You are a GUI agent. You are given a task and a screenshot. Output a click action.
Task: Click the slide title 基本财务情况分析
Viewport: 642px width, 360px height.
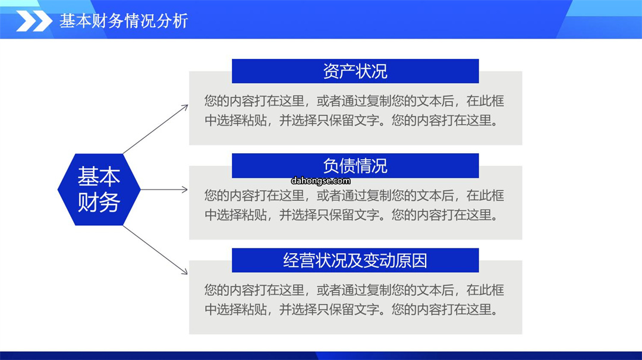(124, 21)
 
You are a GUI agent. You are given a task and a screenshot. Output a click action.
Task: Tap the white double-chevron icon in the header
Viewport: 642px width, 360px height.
(34, 21)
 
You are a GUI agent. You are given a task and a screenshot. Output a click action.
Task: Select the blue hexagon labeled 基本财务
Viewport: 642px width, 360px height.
(99, 190)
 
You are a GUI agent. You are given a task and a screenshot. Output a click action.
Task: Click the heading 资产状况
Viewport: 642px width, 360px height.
(355, 71)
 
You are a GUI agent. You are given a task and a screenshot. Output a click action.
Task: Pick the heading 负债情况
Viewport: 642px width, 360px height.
(355, 166)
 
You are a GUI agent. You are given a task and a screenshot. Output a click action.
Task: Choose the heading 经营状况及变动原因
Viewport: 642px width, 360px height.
(355, 260)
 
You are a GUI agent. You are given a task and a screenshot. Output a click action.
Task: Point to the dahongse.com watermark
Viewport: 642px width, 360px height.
(320, 181)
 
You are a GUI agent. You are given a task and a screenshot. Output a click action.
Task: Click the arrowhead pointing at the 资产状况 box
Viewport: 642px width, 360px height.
(185, 108)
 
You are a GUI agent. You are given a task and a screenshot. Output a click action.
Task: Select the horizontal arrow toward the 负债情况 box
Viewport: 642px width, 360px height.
(164, 190)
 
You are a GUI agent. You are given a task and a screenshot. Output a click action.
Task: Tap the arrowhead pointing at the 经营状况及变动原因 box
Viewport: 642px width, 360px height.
(184, 271)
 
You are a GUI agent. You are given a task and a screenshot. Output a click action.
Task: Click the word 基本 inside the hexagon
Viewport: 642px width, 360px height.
(99, 176)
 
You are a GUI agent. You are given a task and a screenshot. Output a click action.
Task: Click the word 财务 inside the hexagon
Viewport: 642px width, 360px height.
(99, 201)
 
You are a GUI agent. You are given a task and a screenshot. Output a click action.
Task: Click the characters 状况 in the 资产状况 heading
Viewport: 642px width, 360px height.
(371, 71)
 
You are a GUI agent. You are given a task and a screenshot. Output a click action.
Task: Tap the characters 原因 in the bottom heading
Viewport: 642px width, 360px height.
(411, 260)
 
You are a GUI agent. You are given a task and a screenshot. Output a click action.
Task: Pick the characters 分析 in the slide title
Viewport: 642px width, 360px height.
(172, 21)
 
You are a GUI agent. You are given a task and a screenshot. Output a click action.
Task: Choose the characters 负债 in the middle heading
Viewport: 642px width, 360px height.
(339, 166)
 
